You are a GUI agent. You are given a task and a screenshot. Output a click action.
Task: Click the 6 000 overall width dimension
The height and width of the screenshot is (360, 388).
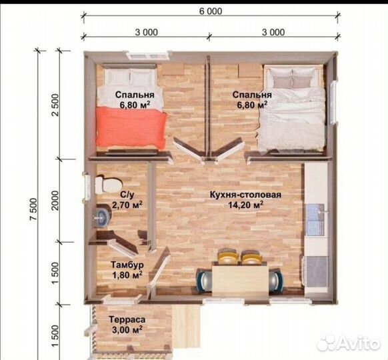tap(211, 11)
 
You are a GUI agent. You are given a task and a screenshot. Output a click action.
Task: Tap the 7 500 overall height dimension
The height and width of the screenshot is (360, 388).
tap(33, 209)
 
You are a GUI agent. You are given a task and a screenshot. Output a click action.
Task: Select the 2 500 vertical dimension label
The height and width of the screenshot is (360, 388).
tap(55, 105)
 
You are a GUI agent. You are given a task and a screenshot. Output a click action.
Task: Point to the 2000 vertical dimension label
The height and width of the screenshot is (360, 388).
tap(55, 201)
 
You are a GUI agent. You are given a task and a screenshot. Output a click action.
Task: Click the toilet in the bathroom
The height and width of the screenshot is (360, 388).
tap(109, 184)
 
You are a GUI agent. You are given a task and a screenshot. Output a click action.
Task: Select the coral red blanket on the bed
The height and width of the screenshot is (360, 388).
tap(131, 129)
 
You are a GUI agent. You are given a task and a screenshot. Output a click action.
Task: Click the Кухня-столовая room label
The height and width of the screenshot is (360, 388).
tap(245, 195)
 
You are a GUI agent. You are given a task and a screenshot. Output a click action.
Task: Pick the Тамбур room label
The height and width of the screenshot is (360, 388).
tap(127, 265)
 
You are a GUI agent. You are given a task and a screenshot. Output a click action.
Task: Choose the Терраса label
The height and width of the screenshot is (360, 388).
tap(127, 320)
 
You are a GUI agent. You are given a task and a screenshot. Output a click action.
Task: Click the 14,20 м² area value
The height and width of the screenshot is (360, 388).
tap(245, 205)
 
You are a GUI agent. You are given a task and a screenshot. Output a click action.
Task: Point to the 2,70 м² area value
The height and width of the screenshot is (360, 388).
tap(127, 205)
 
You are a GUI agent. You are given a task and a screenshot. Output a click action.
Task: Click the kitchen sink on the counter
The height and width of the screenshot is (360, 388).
tap(315, 219)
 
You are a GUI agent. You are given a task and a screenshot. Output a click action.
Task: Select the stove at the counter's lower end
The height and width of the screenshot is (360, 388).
tap(315, 271)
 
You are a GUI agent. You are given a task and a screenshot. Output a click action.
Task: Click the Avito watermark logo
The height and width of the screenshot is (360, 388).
tap(349, 343)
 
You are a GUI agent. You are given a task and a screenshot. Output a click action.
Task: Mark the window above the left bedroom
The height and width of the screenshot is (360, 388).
tap(149, 55)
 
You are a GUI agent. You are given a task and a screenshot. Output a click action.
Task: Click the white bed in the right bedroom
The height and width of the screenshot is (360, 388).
tap(291, 107)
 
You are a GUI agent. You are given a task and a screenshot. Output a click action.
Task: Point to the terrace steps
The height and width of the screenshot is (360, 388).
tap(186, 326)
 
